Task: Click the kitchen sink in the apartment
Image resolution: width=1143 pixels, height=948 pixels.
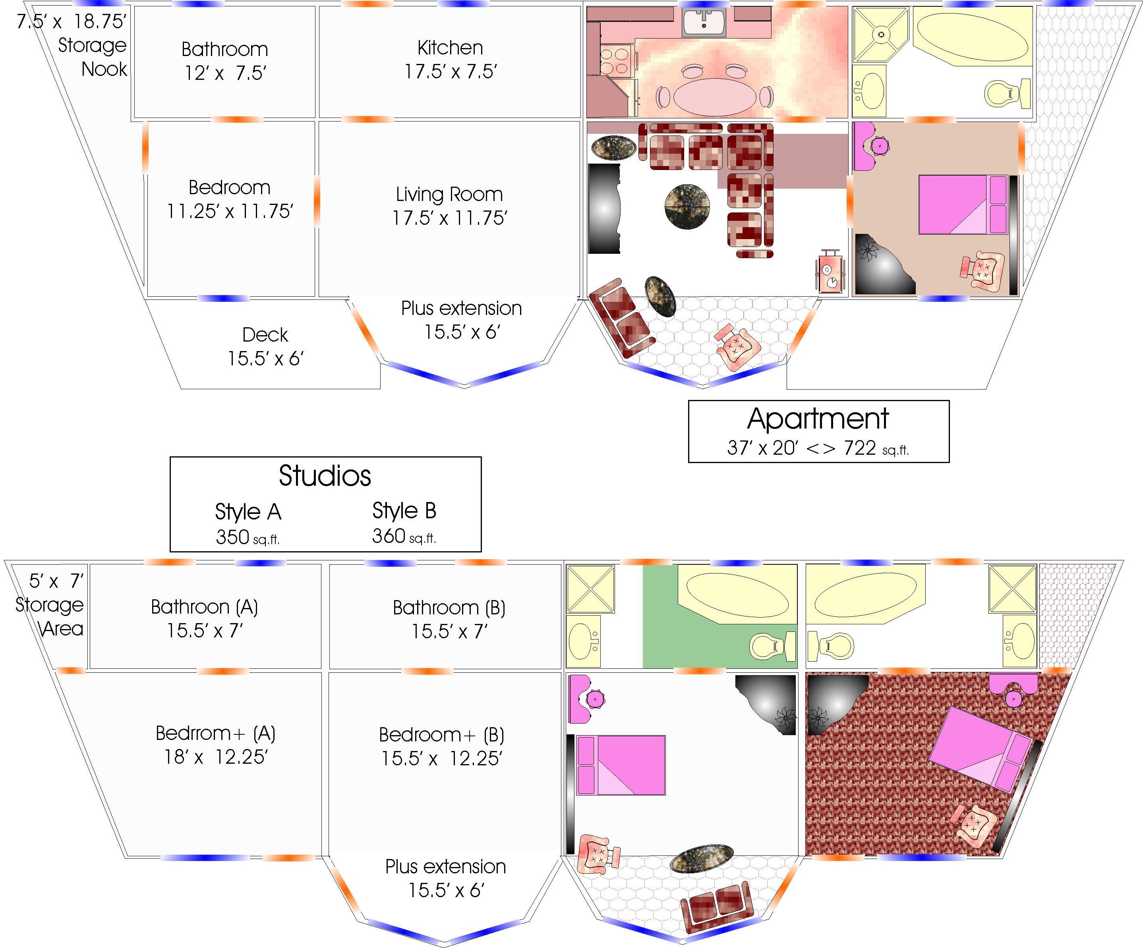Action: (x=703, y=22)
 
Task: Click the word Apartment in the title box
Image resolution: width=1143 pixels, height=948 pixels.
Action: (x=818, y=419)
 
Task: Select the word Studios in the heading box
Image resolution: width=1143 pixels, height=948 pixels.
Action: (x=325, y=476)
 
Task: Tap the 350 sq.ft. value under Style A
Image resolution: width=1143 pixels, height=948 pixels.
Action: (x=248, y=537)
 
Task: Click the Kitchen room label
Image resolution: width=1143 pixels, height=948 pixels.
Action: (x=450, y=48)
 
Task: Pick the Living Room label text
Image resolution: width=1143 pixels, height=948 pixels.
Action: (x=449, y=194)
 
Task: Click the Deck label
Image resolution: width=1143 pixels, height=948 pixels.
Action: (x=265, y=335)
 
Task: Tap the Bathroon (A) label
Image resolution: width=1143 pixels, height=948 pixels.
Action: (x=204, y=607)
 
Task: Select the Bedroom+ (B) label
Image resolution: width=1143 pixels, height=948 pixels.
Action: (x=441, y=735)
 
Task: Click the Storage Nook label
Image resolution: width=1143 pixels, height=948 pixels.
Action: (x=93, y=57)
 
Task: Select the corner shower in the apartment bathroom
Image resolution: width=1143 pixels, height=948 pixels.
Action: (x=881, y=34)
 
